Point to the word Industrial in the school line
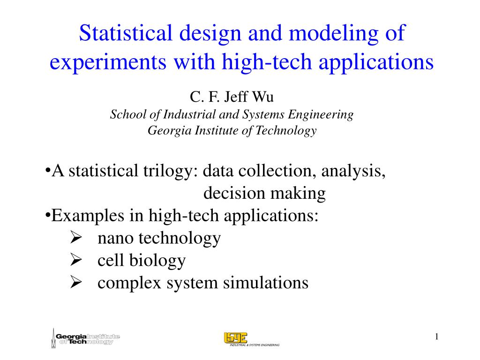[195, 114]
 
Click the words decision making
[264, 193]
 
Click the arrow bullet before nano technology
[76, 238]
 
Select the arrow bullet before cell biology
[76, 261]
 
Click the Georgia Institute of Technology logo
[85, 338]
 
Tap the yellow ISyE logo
[236, 337]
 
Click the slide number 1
[436, 337]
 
